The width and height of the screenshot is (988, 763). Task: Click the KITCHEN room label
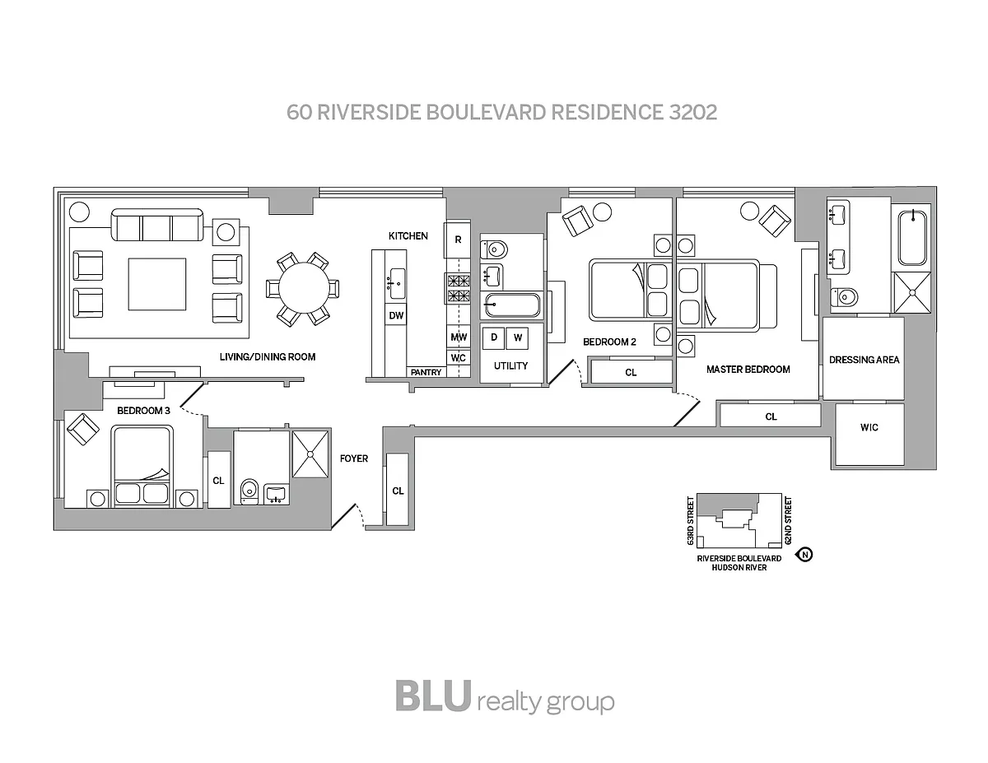408,236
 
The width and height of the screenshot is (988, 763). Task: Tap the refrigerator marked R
458,240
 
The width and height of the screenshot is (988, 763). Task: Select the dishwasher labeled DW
395,315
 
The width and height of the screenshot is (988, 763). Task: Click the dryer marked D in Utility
494,337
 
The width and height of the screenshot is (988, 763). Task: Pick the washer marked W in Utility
518,337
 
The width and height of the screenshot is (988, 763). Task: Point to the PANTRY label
426,373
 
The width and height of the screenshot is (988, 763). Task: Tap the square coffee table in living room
156,285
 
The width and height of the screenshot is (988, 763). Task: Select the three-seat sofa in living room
157,225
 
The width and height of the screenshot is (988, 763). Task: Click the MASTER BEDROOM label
748,370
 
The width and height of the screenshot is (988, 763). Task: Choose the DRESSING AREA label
864,360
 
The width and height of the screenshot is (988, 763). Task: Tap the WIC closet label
869,427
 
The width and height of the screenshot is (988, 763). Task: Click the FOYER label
354,458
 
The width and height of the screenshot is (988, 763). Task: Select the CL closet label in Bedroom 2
631,373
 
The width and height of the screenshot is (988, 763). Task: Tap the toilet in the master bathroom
846,296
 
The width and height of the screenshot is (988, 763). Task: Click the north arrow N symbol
805,555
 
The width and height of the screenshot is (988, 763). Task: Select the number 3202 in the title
690,112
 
